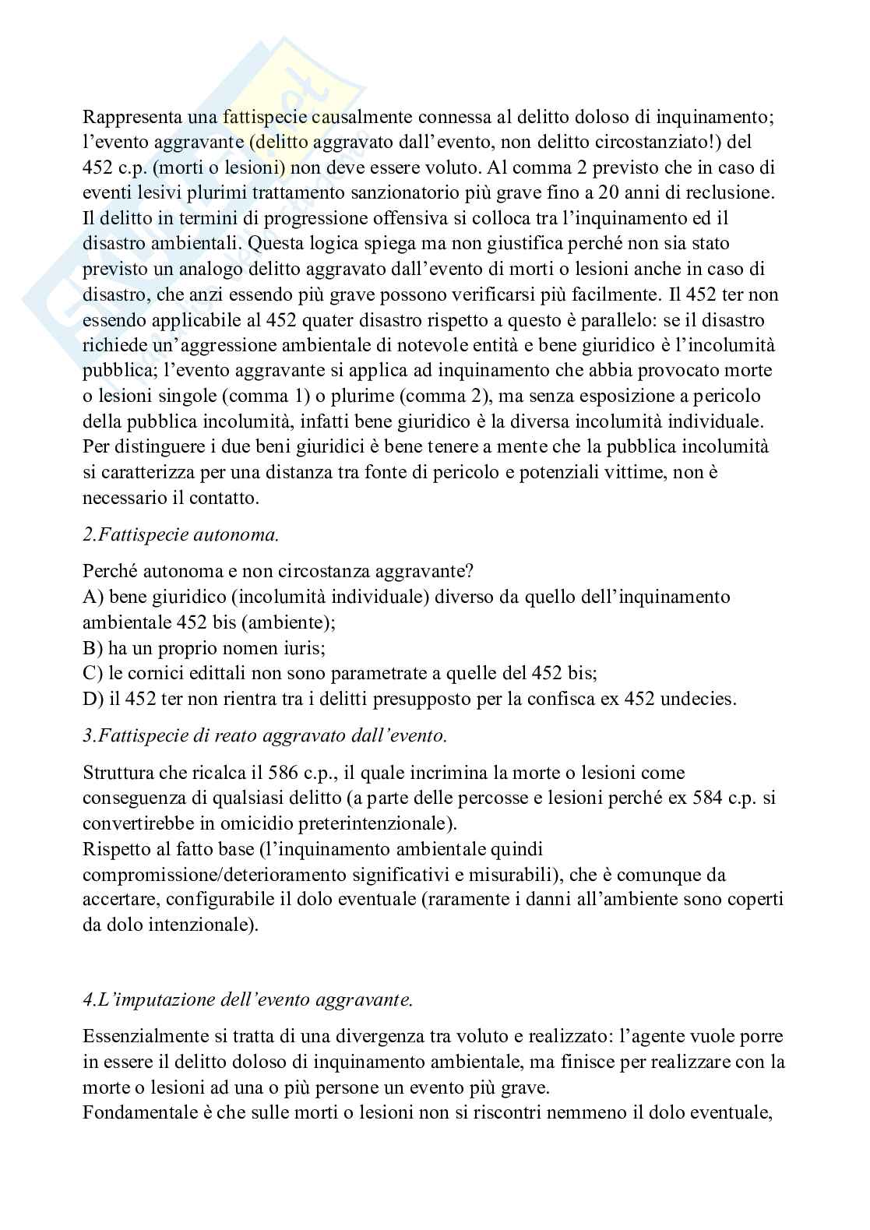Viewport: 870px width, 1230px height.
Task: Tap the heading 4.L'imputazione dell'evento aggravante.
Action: click(x=247, y=999)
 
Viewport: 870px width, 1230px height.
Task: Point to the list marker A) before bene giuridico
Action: click(x=93, y=597)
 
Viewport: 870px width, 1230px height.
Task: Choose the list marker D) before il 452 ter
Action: click(x=93, y=699)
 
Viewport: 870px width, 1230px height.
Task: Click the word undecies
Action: click(x=698, y=699)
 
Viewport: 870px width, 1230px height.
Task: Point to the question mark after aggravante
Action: click(x=469, y=572)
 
